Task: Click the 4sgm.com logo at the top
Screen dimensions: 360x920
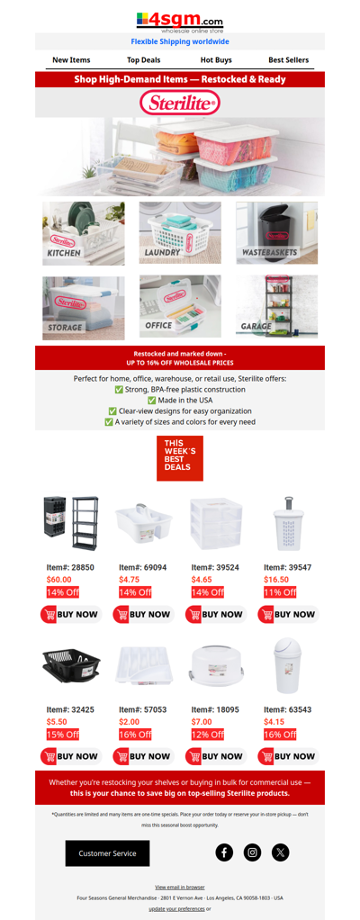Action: point(180,21)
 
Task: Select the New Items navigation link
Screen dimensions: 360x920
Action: point(71,60)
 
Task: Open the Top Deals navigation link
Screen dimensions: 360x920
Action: point(143,60)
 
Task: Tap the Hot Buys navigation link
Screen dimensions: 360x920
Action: point(216,60)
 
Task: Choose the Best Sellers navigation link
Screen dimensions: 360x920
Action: point(288,60)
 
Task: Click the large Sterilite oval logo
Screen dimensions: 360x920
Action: point(180,104)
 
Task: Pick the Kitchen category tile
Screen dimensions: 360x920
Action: point(83,233)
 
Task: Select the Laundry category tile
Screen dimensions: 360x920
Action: point(180,233)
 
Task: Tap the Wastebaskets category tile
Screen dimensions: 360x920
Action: point(276,233)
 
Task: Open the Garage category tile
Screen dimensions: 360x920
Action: point(276,307)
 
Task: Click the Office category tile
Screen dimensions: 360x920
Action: point(180,307)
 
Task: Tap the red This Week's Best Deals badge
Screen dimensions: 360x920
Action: point(180,458)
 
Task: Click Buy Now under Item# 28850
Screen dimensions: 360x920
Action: point(70,615)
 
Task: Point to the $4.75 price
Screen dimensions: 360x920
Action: point(130,580)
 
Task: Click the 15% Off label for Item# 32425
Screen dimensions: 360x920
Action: point(63,735)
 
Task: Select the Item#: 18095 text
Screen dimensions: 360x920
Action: point(215,709)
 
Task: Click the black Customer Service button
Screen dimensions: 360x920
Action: point(107,852)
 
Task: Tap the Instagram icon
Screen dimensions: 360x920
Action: point(253,852)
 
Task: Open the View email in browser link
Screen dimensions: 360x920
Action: point(179,887)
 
